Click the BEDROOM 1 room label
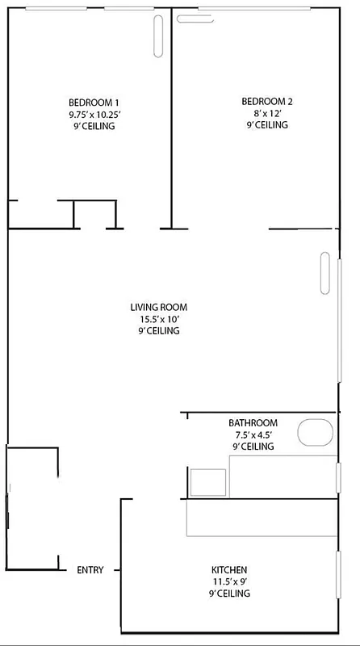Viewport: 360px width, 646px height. (94, 102)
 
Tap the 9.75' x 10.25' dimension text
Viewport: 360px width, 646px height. (94, 114)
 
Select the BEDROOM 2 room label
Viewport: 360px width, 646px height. (267, 101)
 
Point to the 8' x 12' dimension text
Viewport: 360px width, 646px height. (267, 113)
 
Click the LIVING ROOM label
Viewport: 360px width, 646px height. (159, 307)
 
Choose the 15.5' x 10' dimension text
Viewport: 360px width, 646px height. (159, 319)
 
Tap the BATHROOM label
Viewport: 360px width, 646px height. (253, 422)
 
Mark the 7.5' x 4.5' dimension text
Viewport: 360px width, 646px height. (253, 434)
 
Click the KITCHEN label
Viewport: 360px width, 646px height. (229, 569)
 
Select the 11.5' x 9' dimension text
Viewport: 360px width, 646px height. (229, 581)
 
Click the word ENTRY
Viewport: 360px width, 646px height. (90, 570)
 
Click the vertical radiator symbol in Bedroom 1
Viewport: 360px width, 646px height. (158, 36)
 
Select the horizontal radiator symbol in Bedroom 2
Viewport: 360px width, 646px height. (190, 18)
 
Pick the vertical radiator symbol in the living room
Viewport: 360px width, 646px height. (325, 274)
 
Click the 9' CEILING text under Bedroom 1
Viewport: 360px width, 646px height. (94, 126)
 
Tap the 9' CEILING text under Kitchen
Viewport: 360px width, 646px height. (229, 594)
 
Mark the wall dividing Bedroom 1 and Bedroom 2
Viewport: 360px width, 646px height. (171, 121)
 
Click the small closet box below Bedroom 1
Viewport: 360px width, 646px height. (94, 214)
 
